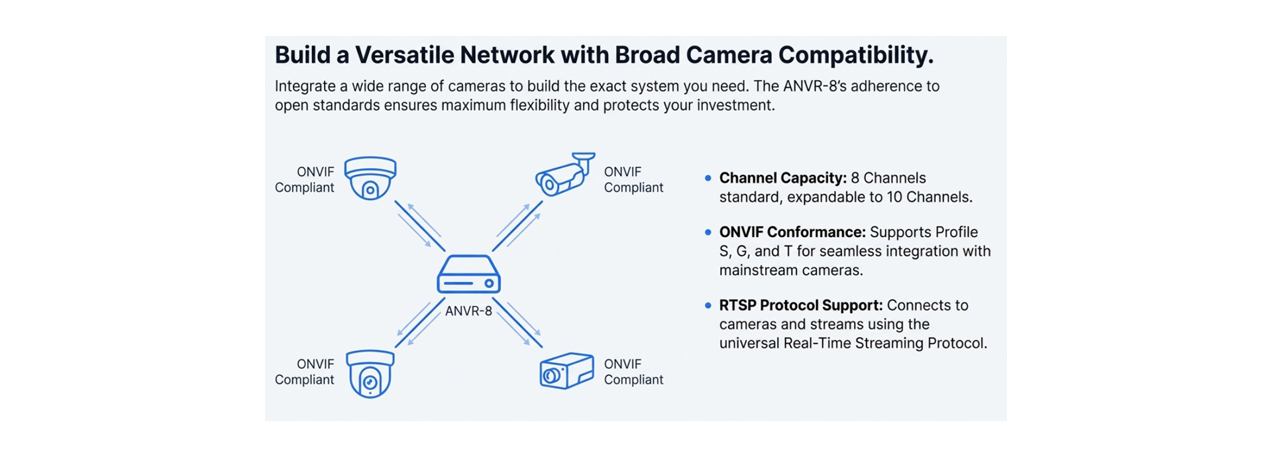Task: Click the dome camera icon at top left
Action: pyautogui.click(x=370, y=178)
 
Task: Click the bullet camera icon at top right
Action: pyautogui.click(x=564, y=175)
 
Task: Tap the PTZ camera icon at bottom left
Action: pyautogui.click(x=370, y=374)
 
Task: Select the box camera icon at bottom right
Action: pyautogui.click(x=566, y=371)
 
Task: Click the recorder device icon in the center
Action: pyautogui.click(x=468, y=274)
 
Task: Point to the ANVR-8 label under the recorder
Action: pyautogui.click(x=468, y=311)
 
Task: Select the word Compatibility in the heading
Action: pyautogui.click(x=855, y=55)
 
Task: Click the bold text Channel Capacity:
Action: pyautogui.click(x=782, y=178)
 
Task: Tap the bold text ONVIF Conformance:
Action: pyautogui.click(x=792, y=232)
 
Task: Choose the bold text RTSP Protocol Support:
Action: pyautogui.click(x=800, y=305)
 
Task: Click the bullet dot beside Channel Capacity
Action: pyautogui.click(x=708, y=178)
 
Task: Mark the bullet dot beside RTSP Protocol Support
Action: pyautogui.click(x=708, y=305)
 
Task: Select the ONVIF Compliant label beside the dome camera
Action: pyautogui.click(x=305, y=179)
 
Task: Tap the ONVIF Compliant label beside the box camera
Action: pyautogui.click(x=633, y=372)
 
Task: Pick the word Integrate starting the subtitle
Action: pyautogui.click(x=305, y=87)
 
